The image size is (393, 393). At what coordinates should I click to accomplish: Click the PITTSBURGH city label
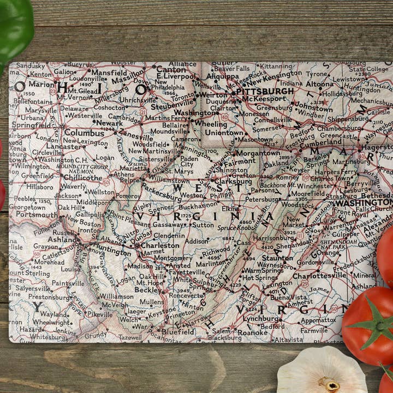tap(265, 91)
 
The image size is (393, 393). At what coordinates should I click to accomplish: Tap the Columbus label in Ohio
tap(84, 133)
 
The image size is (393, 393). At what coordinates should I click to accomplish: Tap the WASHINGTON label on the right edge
tap(363, 203)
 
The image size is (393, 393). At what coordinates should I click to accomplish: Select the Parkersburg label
tap(163, 192)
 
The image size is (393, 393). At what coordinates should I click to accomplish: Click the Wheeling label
tap(210, 124)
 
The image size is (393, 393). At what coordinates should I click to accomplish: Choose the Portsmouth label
tap(37, 215)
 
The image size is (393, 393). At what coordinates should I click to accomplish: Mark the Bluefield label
tap(177, 331)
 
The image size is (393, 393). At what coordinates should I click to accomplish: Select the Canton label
tap(171, 70)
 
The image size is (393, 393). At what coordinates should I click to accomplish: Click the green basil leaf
tap(14, 27)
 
